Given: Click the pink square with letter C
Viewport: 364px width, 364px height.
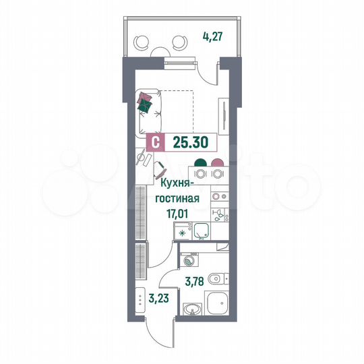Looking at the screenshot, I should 156,142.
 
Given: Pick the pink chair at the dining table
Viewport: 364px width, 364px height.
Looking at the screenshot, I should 217,162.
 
